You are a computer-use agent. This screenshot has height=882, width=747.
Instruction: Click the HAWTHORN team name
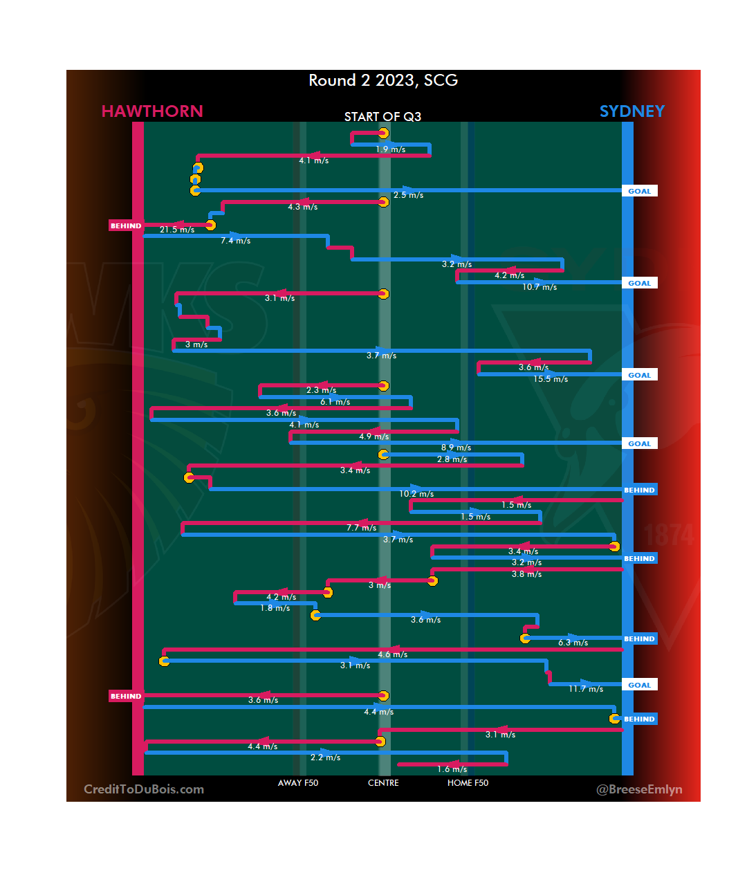(152, 111)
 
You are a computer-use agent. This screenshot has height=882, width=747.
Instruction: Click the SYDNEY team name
(631, 111)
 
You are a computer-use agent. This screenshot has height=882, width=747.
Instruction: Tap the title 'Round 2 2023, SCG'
(383, 80)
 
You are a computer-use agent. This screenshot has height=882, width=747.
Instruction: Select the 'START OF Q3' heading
(382, 117)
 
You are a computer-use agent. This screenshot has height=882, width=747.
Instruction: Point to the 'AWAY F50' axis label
(298, 783)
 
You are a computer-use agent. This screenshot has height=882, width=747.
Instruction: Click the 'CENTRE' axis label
(383, 783)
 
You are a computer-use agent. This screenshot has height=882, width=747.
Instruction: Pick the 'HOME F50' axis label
(468, 783)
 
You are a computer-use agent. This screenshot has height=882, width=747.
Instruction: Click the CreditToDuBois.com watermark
(144, 789)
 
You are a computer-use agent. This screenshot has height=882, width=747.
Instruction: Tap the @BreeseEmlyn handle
(639, 789)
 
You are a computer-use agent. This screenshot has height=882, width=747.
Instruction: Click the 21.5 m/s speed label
(177, 230)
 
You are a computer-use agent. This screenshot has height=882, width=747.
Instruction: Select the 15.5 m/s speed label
(551, 379)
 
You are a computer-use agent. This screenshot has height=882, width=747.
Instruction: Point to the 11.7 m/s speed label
(586, 689)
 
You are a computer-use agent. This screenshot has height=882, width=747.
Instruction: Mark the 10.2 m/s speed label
(416, 494)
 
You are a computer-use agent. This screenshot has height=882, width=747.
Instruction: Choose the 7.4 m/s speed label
(236, 241)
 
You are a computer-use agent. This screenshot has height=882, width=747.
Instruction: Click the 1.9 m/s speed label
(391, 149)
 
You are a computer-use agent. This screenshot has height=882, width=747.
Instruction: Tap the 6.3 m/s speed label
(573, 643)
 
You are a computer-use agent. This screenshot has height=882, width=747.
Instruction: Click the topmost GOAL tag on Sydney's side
(639, 191)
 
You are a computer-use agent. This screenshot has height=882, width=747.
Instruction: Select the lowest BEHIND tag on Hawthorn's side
(126, 697)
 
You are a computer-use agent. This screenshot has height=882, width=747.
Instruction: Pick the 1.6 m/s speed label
(452, 769)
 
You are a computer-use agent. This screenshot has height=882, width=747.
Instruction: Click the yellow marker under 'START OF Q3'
(383, 134)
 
